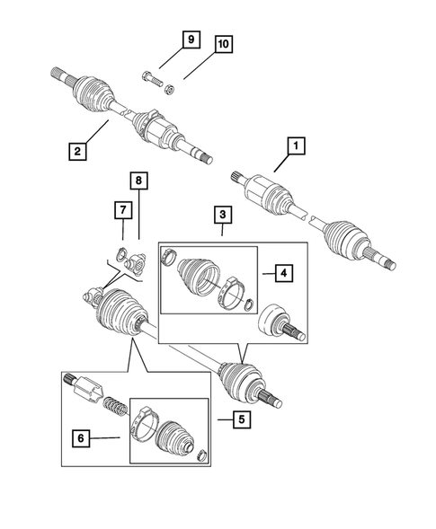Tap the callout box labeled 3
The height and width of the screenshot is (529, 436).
coord(221,215)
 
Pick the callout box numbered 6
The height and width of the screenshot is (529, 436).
coord(82,438)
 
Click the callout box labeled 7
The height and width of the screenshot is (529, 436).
coord(121,210)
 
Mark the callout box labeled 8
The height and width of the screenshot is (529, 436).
coord(138,182)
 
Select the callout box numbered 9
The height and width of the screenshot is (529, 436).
coord(190,40)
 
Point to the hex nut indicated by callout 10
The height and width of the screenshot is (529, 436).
coord(172,88)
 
